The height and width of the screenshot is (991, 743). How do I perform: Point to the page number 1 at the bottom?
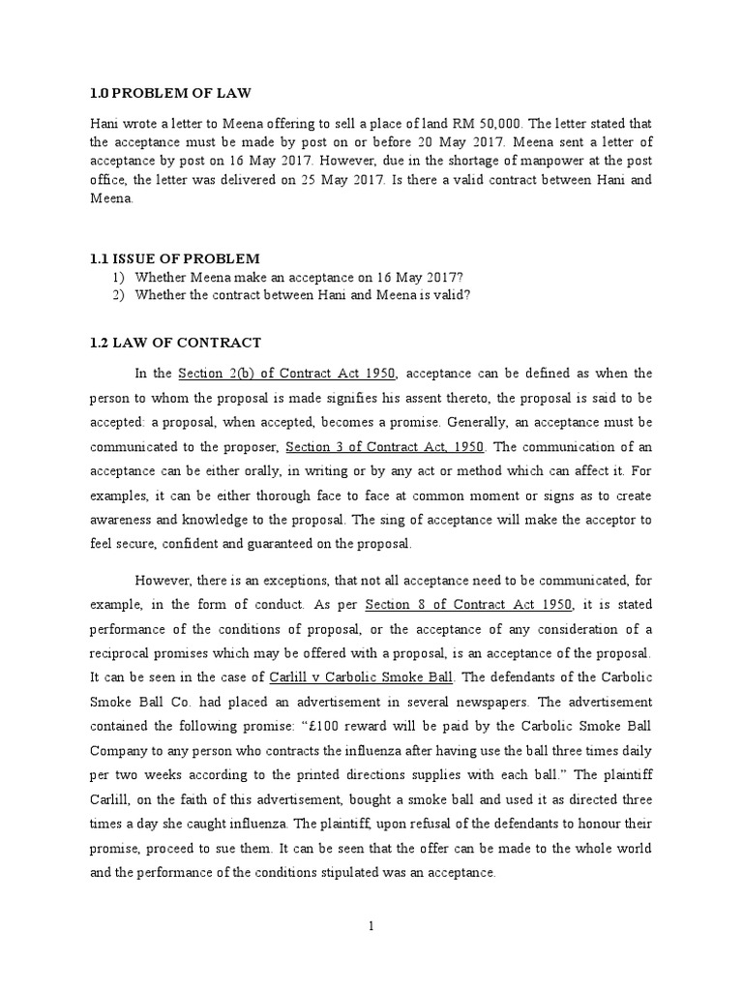[371, 926]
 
